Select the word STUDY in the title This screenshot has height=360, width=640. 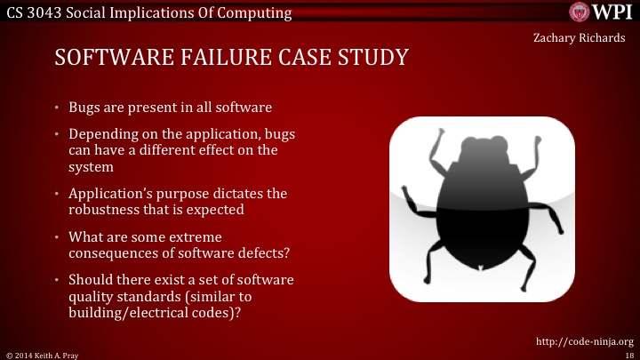tap(370, 59)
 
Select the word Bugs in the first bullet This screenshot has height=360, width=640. tap(84, 108)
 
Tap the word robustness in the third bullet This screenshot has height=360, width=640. tap(109, 210)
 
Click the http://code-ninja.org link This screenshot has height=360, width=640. tap(585, 340)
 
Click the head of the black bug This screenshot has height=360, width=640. tap(485, 149)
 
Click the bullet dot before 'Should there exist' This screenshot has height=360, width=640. tap(56, 280)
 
